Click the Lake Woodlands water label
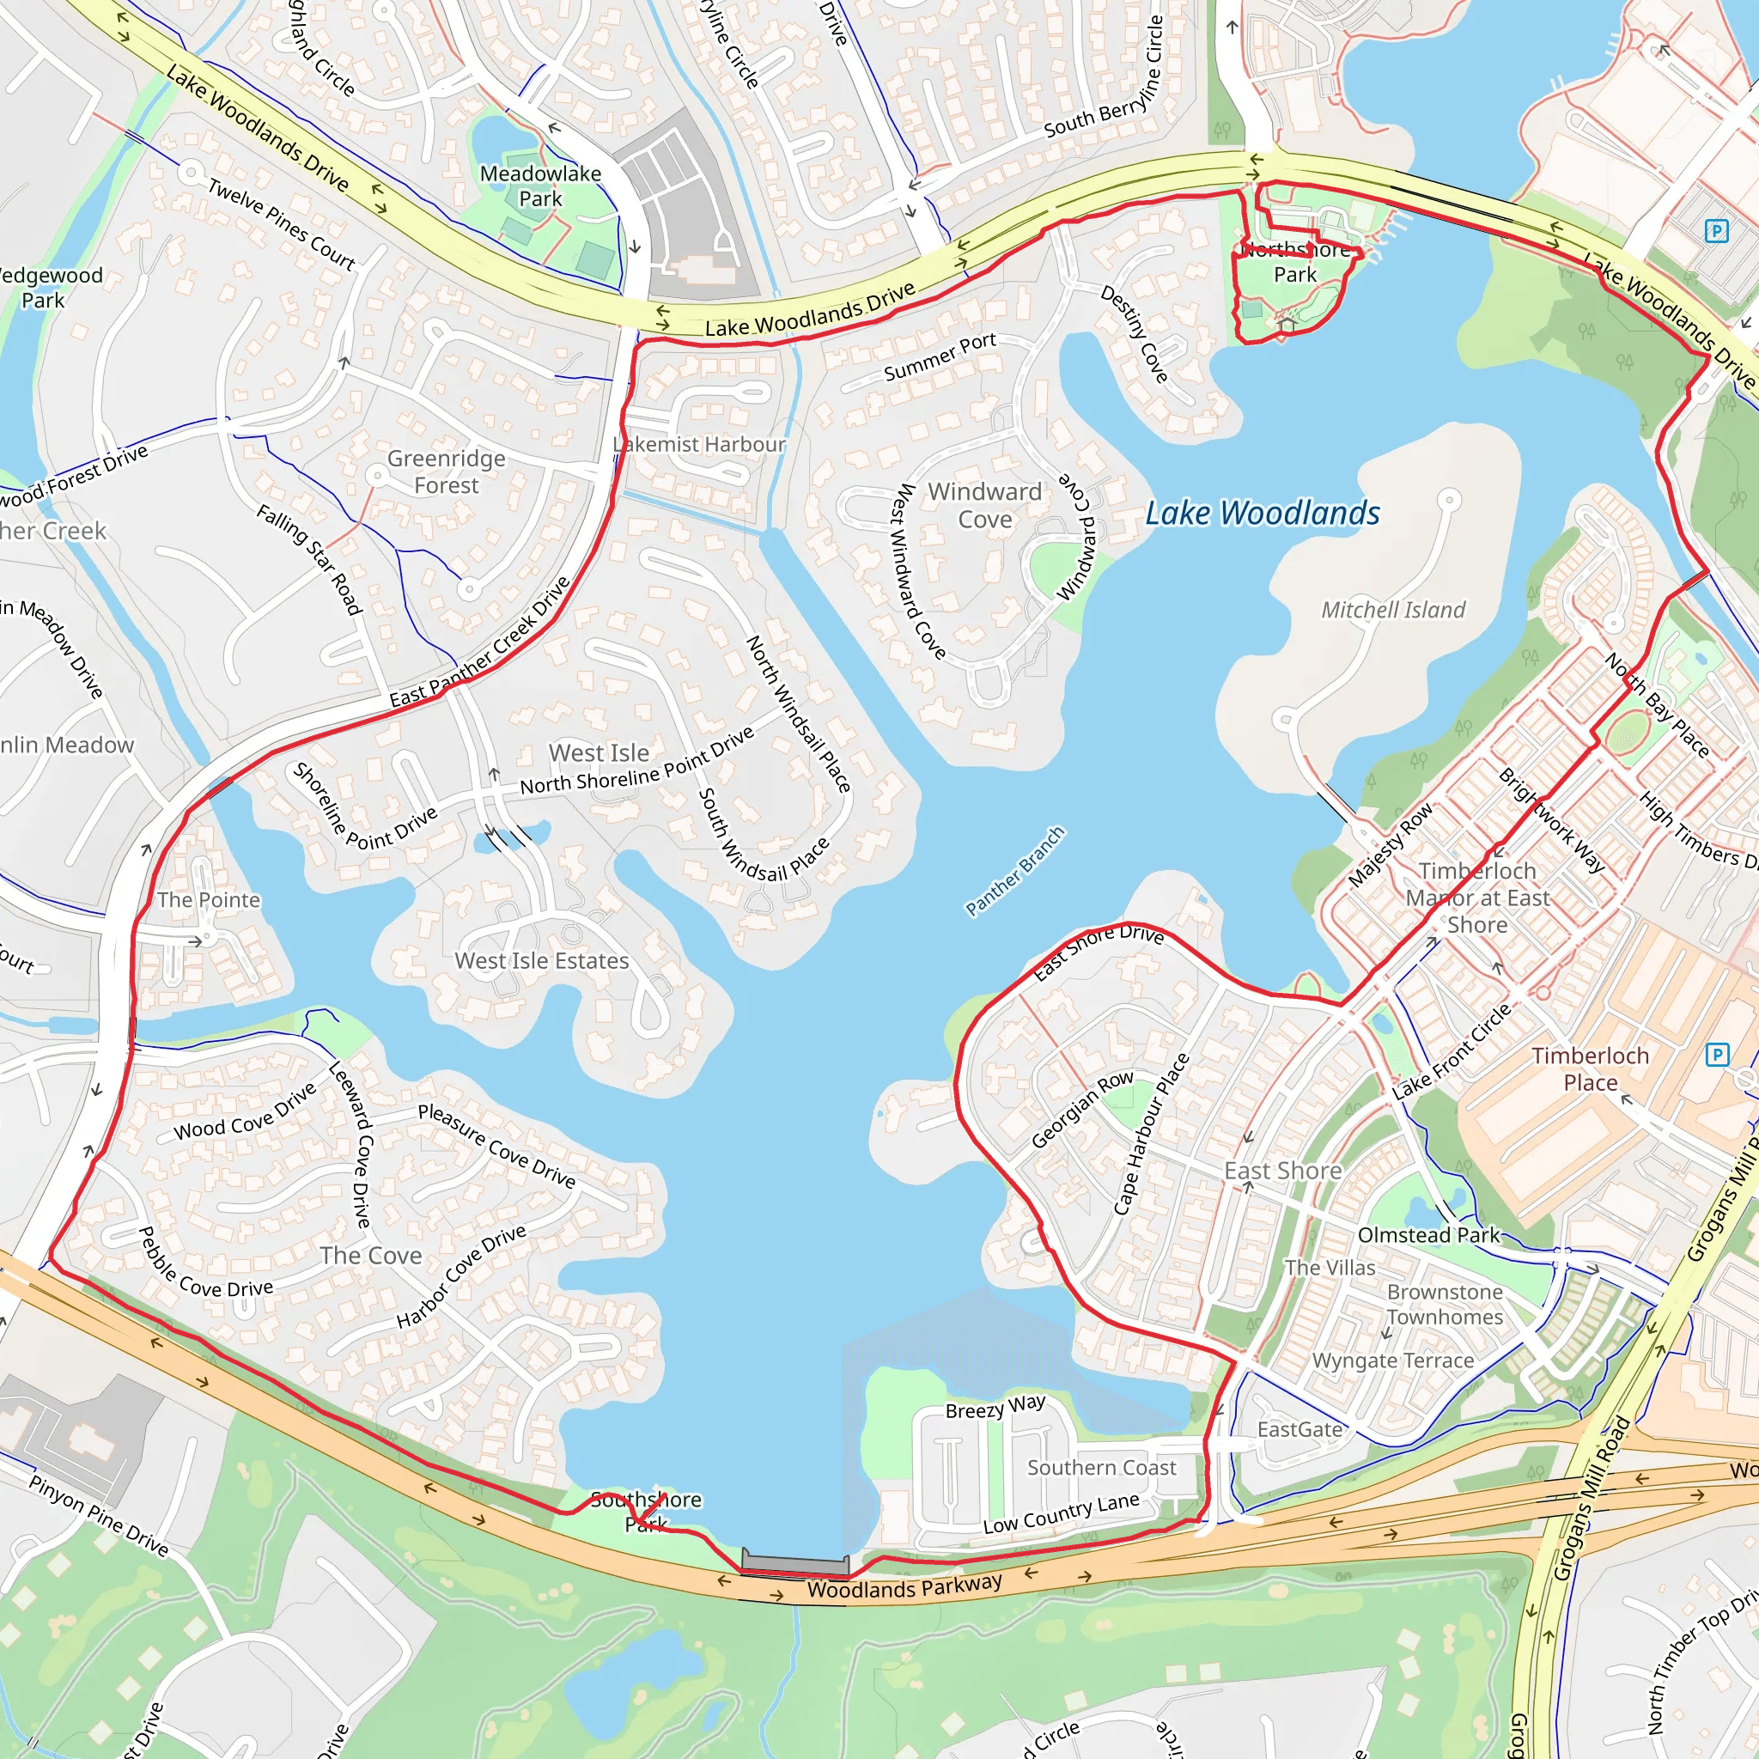pos(1262,514)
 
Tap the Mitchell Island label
pos(1393,610)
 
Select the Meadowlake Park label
pos(540,186)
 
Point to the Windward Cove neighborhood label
pos(984,505)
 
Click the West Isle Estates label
pos(542,960)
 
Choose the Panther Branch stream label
pos(1014,870)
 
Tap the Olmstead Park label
pos(1428,1234)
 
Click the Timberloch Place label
pos(1590,1068)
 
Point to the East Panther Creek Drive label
pos(480,642)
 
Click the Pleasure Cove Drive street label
pos(496,1146)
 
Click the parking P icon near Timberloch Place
pos(1716,1055)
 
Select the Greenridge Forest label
pos(445,472)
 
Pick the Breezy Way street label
pos(995,1408)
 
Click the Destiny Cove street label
pos(1135,334)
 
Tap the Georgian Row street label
pos(1082,1109)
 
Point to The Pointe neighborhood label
pos(209,899)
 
